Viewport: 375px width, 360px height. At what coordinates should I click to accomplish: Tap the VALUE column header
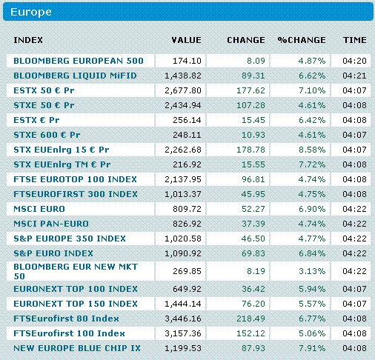point(186,39)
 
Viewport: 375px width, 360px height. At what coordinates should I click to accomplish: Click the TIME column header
point(354,39)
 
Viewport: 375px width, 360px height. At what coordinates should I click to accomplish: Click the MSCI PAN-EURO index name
point(51,224)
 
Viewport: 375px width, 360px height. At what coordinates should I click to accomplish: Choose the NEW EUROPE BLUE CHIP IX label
point(77,347)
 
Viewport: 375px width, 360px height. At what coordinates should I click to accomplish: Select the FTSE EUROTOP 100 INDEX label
point(75,179)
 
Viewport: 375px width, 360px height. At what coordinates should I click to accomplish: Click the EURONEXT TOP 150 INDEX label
point(76,304)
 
